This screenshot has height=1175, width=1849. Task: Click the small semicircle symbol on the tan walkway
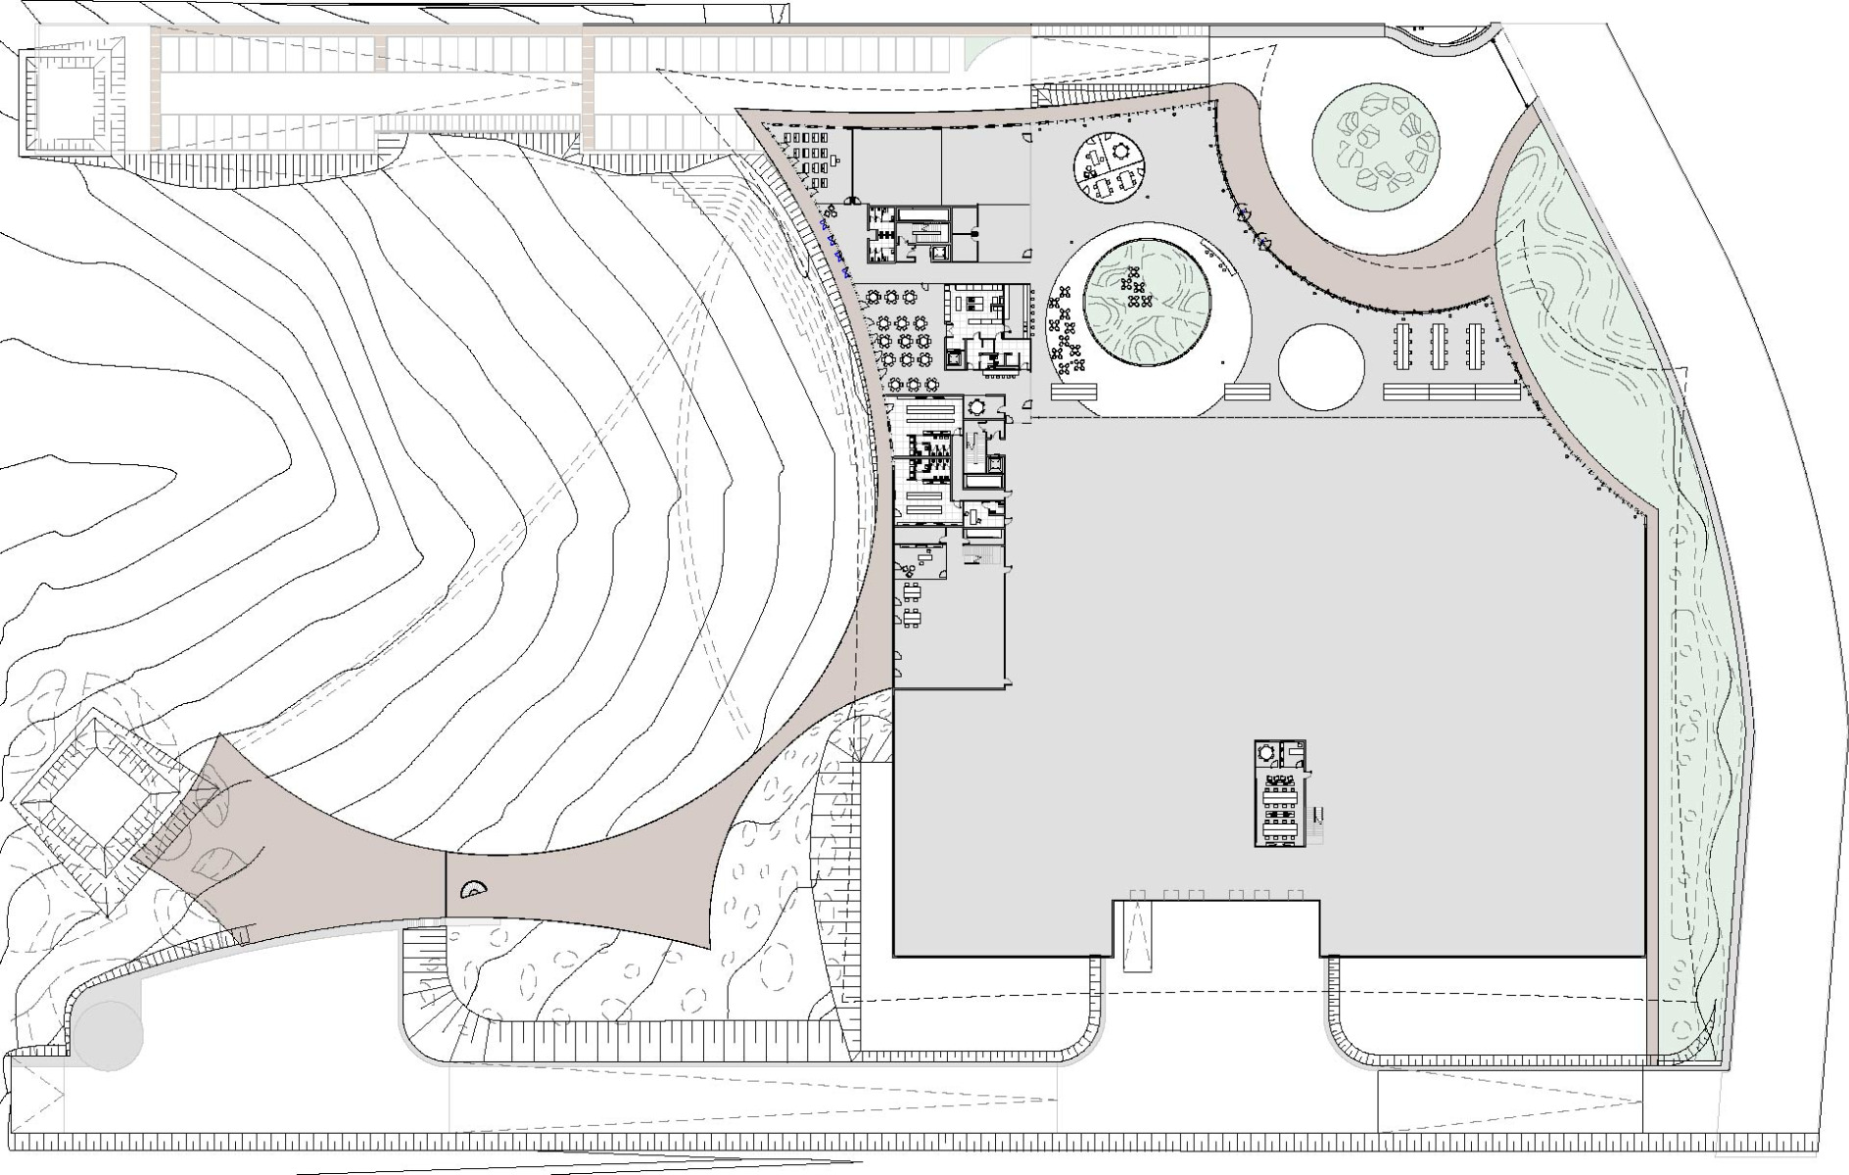click(x=474, y=888)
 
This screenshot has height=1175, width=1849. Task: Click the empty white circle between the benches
click(x=1320, y=366)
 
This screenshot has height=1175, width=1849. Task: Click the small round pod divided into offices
click(x=1110, y=168)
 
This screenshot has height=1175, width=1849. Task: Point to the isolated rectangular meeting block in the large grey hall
click(x=1281, y=793)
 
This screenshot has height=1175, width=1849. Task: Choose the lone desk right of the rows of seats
click(x=839, y=157)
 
